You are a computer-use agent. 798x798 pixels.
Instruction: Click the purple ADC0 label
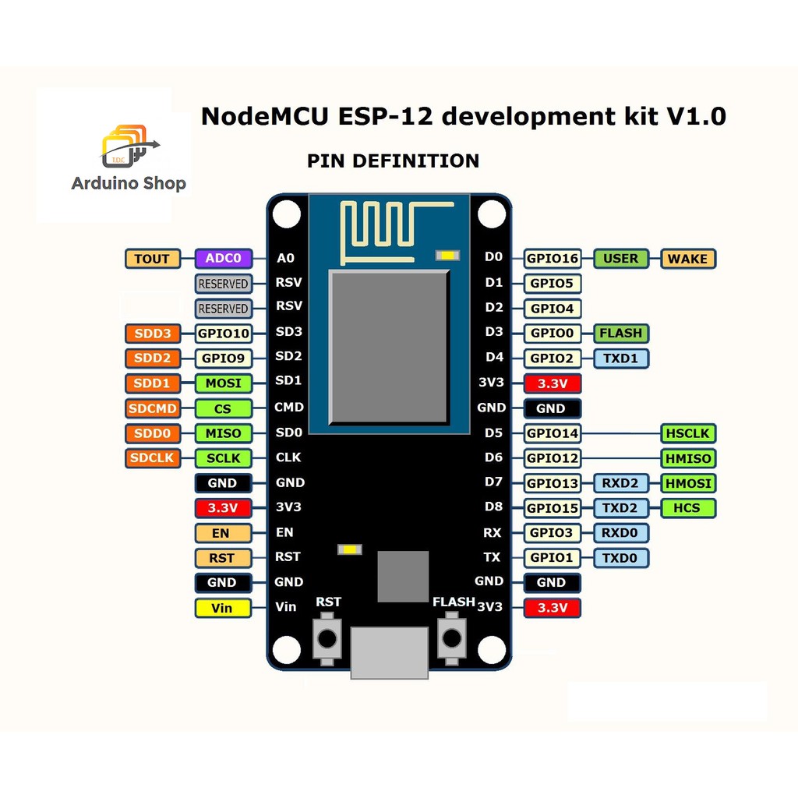pos(223,259)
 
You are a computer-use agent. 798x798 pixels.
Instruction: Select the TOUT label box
pos(152,259)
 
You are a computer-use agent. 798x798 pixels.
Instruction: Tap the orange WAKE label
pos(687,259)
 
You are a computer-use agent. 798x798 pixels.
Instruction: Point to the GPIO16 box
pos(552,259)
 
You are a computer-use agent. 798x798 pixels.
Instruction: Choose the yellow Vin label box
pos(222,608)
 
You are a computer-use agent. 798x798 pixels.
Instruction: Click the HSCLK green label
pos(688,433)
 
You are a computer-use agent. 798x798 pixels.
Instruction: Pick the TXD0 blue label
pos(620,558)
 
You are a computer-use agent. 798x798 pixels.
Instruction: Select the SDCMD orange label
pos(152,408)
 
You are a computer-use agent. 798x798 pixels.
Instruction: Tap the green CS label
pos(223,408)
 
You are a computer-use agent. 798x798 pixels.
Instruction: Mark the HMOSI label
pos(688,483)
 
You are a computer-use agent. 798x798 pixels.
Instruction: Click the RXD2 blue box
pos(620,483)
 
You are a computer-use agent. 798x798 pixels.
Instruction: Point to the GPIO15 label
pos(552,508)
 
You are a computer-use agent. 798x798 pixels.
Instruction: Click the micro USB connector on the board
pos(389,651)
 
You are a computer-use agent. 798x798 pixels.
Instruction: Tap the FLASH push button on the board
pos(450,638)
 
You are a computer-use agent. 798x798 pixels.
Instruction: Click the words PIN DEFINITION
pos(393,161)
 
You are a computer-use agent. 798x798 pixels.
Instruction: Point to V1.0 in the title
pos(696,116)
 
